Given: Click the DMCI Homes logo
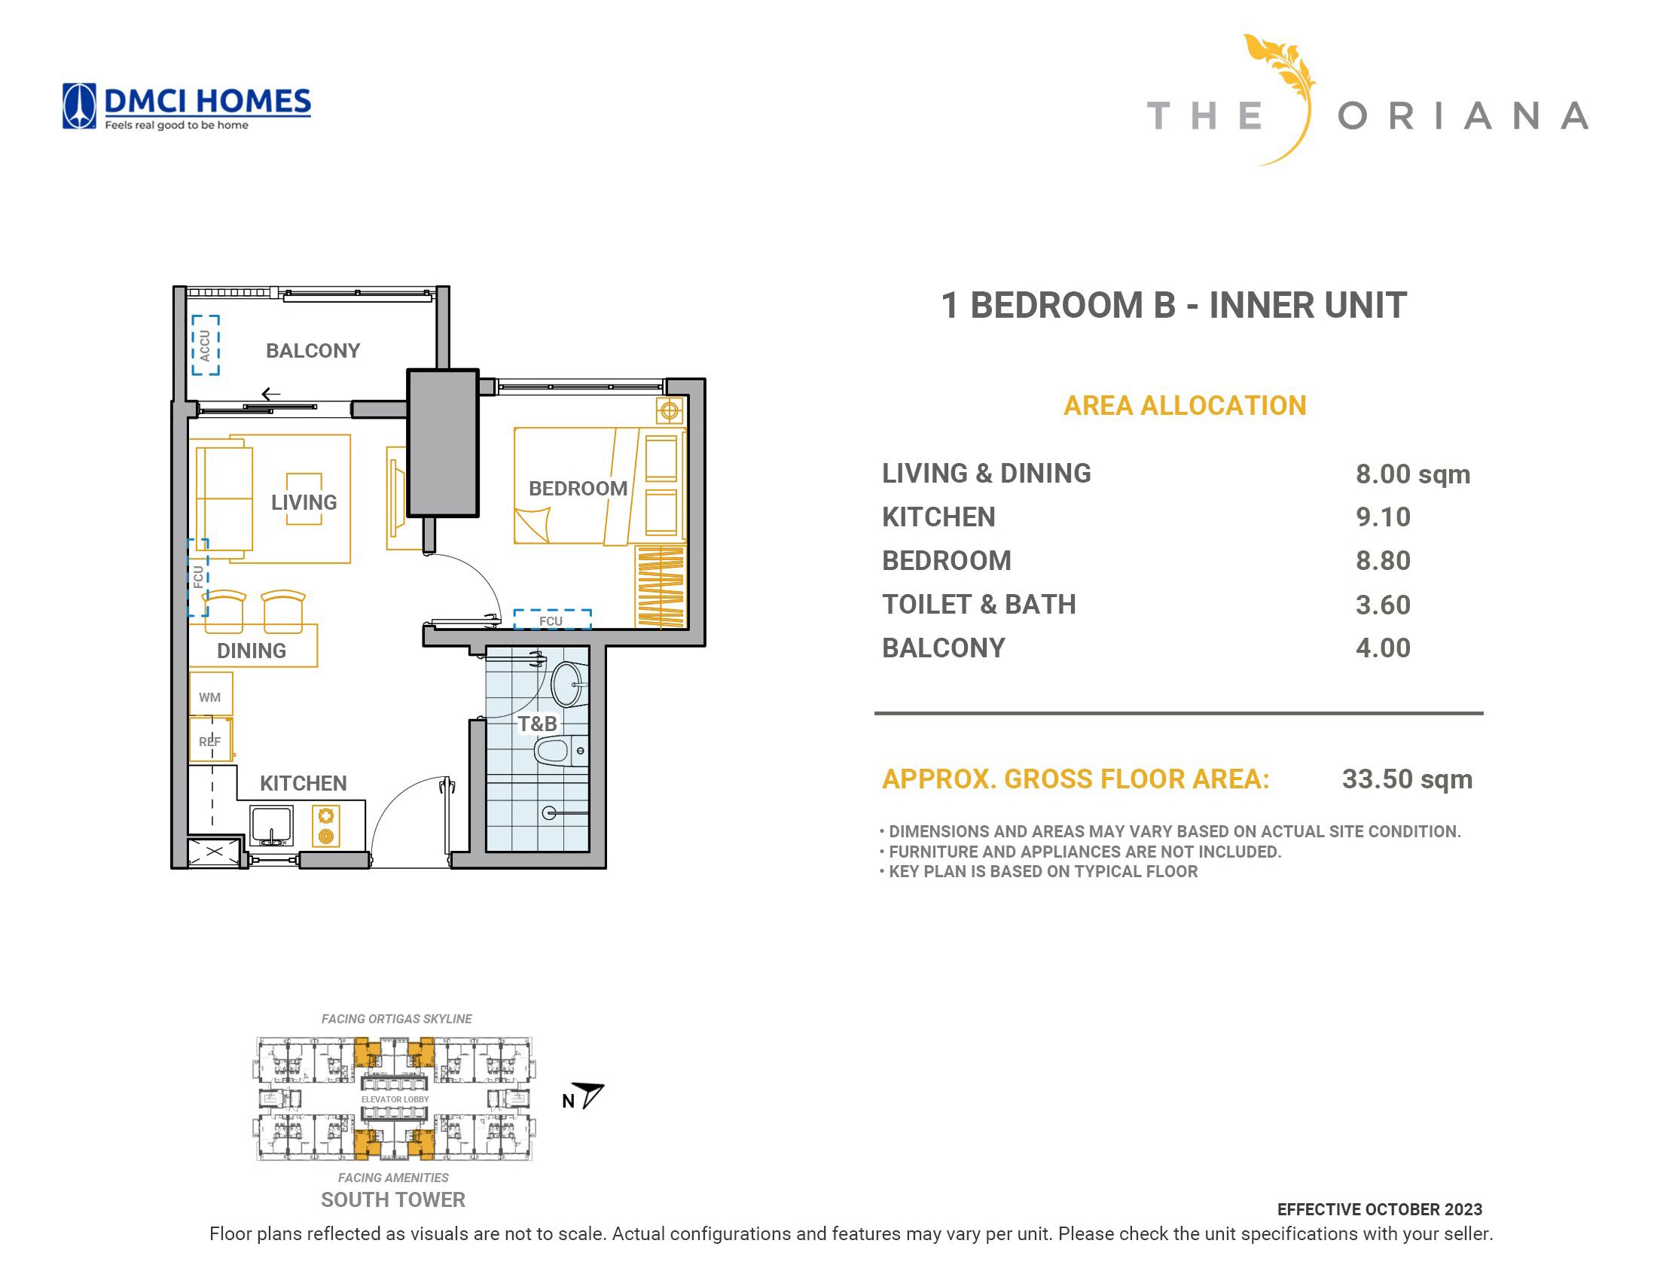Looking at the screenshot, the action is (x=186, y=106).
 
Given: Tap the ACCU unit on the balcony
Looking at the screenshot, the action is (x=205, y=345).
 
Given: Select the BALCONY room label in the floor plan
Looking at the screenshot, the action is (x=313, y=350).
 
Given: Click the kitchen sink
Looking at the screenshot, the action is (x=271, y=826).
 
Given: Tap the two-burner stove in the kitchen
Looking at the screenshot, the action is (x=326, y=826).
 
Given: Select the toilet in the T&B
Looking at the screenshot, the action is (x=560, y=751).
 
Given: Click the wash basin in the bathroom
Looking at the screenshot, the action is (x=568, y=684).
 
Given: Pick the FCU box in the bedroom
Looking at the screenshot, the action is (x=552, y=620).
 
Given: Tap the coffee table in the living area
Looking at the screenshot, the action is (x=304, y=498).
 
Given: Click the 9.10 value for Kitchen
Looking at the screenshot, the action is (x=1383, y=517).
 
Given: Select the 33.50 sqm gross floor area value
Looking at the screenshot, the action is (x=1407, y=779).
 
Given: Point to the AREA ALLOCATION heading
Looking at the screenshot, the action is (x=1185, y=406).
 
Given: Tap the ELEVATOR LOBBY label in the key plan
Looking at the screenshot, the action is (x=395, y=1099).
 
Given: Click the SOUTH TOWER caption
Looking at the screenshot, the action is (x=393, y=1199).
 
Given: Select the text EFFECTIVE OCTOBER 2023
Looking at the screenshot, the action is (x=1379, y=1209).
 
